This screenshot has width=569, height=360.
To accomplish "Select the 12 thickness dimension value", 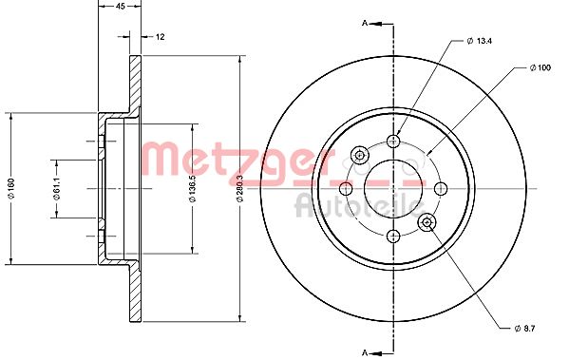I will [161, 36].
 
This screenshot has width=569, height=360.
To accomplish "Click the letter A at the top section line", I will [364, 22].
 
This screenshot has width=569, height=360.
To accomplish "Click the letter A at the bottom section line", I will [364, 352].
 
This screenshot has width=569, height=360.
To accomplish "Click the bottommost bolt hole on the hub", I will [393, 234].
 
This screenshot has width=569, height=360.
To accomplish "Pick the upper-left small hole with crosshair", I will [360, 154].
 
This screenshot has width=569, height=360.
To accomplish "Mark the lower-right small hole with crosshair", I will [427, 221].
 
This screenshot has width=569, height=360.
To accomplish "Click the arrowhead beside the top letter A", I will [378, 22].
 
